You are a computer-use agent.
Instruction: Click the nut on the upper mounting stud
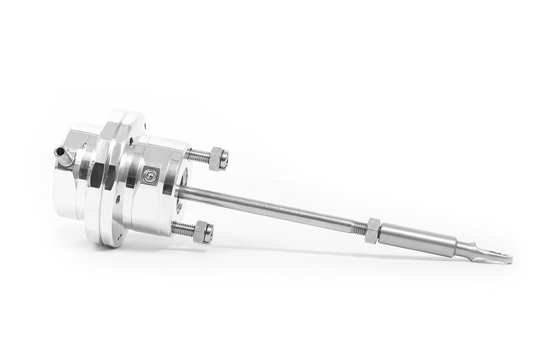click(219, 159)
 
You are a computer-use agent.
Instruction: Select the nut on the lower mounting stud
click(204, 232)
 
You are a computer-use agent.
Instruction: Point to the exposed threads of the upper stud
click(198, 155)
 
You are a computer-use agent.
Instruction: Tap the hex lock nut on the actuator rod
click(373, 230)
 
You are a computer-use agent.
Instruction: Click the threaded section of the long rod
click(358, 226)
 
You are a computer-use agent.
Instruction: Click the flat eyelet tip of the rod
click(499, 257)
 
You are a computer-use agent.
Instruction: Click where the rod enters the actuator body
click(181, 190)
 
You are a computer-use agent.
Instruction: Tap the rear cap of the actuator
click(69, 187)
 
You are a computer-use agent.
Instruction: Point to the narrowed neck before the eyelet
click(468, 251)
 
